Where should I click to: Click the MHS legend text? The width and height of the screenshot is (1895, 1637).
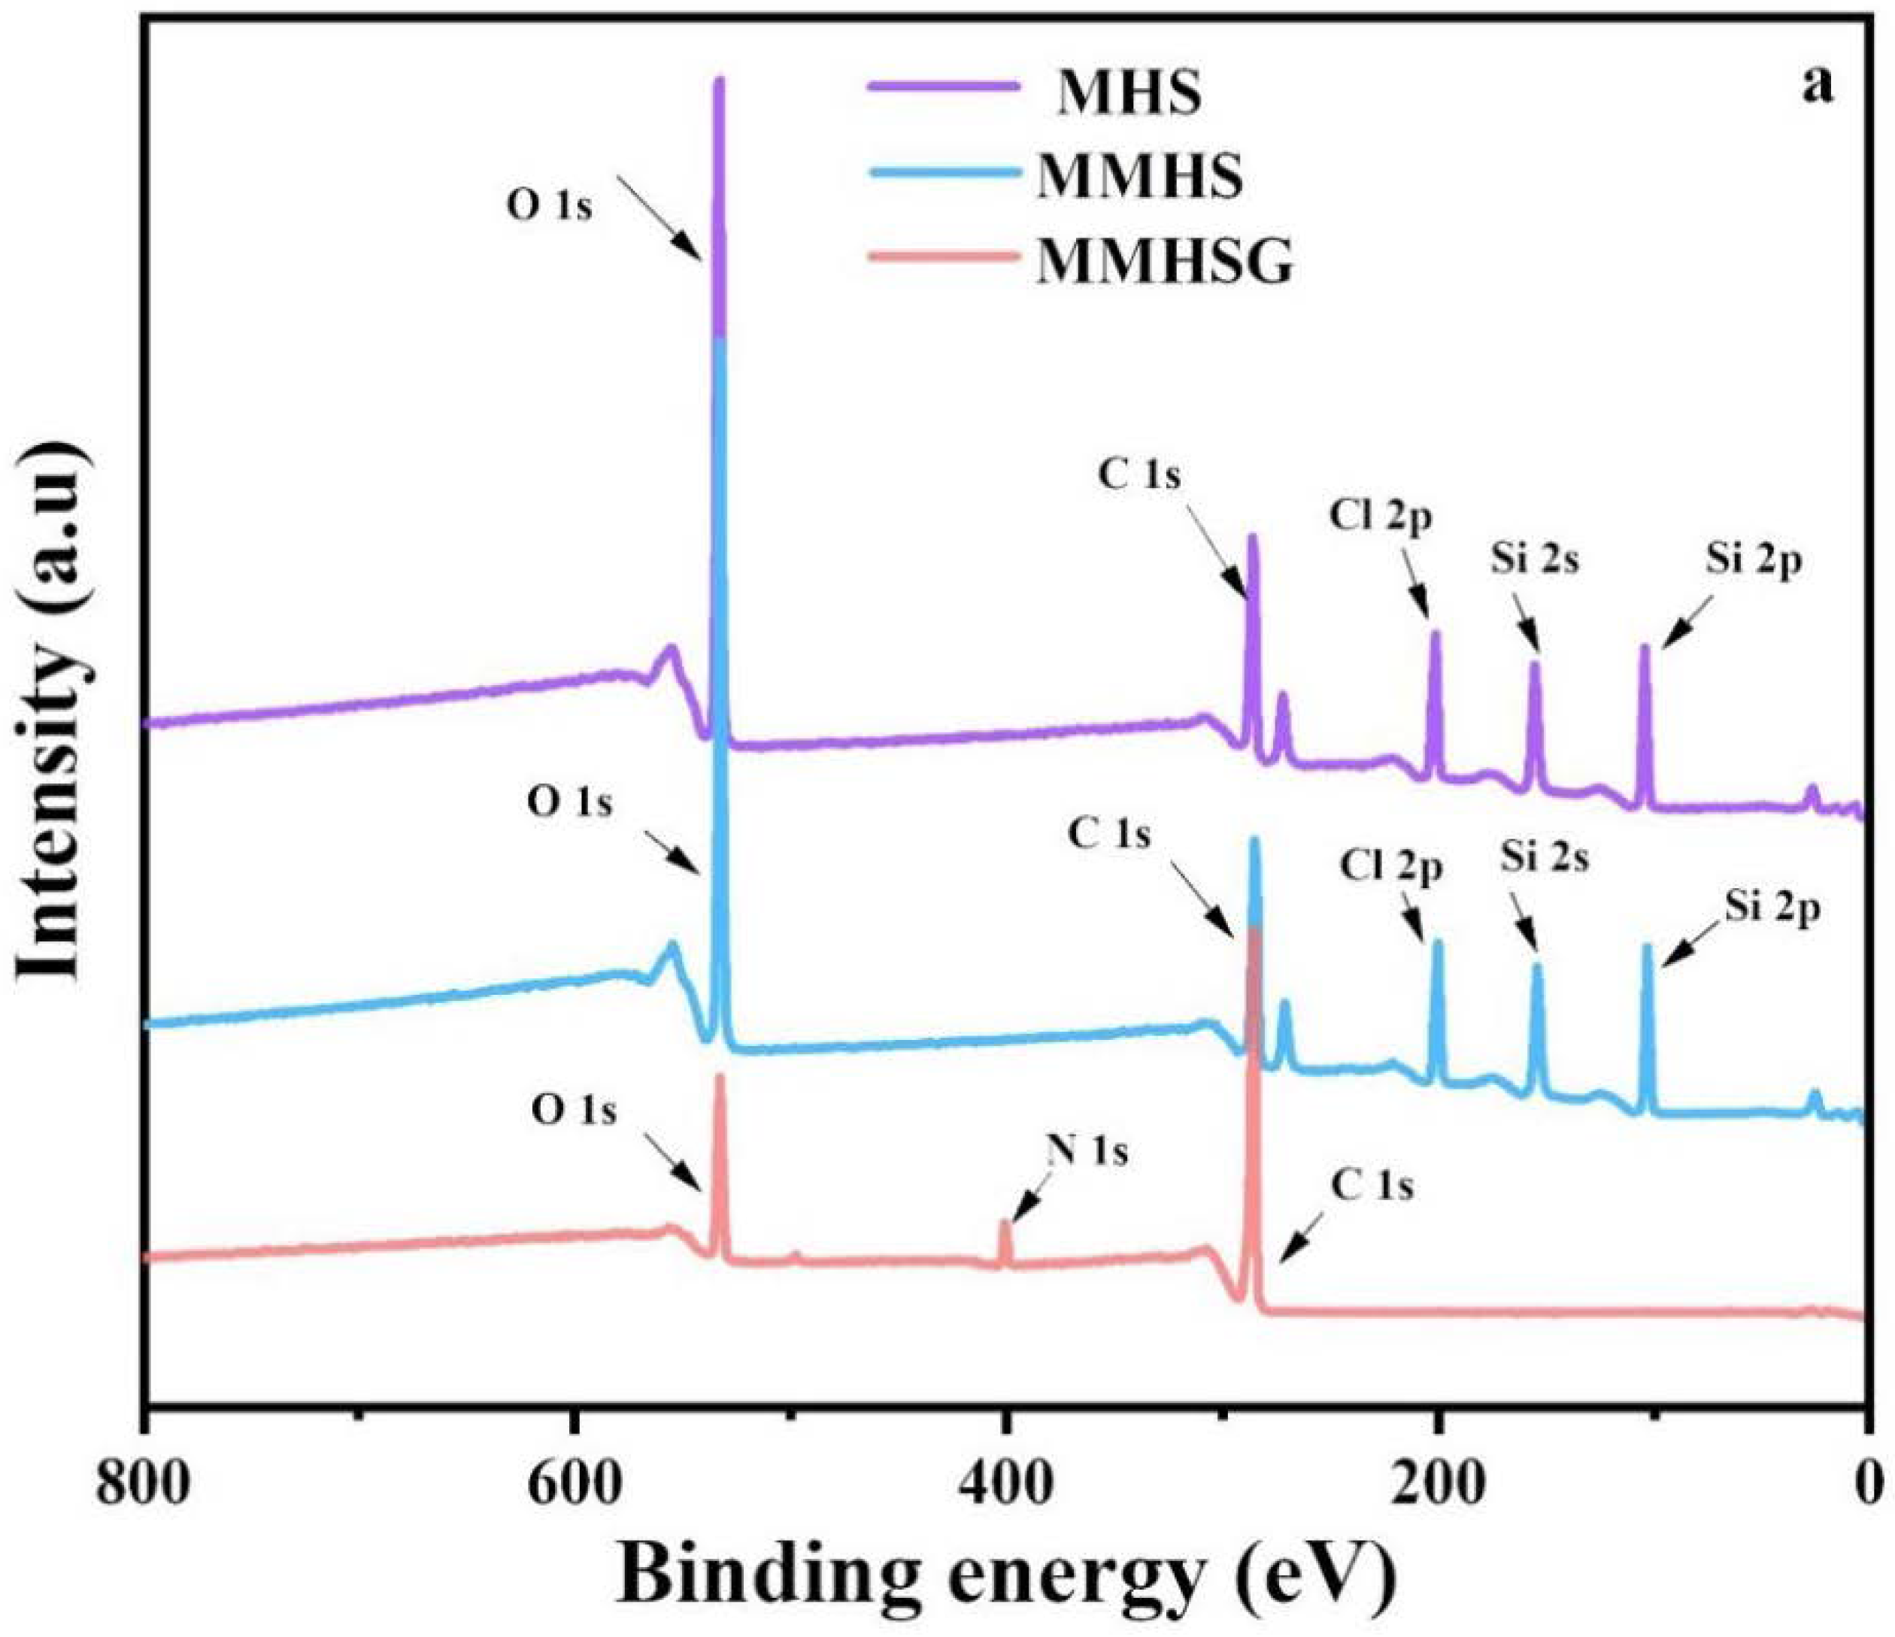(x=1129, y=93)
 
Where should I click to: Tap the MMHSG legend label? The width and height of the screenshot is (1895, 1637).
(x=1164, y=262)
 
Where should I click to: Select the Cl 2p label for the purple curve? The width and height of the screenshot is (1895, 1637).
(x=1380, y=517)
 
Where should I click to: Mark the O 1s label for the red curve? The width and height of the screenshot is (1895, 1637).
(x=575, y=1111)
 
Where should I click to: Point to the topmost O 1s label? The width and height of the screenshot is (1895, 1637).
(x=550, y=207)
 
